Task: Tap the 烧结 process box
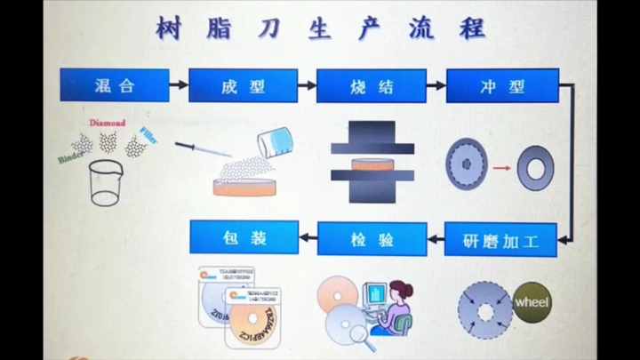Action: click(371, 85)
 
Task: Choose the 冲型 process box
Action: click(501, 85)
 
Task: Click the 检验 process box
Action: click(371, 237)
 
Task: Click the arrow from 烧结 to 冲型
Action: click(436, 85)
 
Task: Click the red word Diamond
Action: click(107, 123)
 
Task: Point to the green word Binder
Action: click(70, 157)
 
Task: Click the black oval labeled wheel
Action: click(532, 302)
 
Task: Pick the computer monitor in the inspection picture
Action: click(374, 295)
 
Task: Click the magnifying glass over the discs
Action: click(361, 334)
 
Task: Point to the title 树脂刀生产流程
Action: click(321, 28)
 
